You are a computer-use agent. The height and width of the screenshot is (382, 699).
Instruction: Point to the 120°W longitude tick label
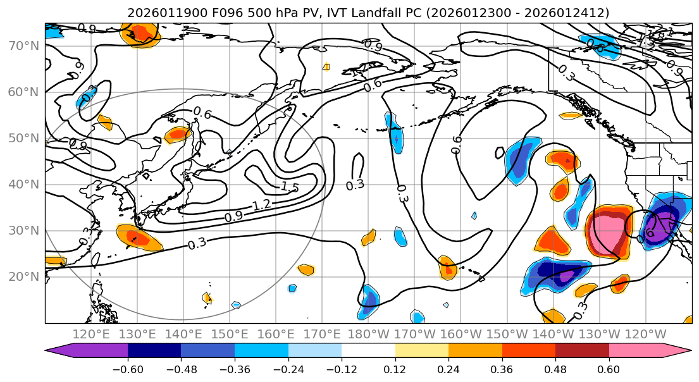pos(646,333)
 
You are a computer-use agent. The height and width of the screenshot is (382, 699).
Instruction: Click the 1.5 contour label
pos(289,187)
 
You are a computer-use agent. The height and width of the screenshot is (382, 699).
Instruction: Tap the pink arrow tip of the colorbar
pos(683,351)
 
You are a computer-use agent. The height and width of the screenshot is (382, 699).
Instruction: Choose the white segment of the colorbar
pos(368,351)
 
